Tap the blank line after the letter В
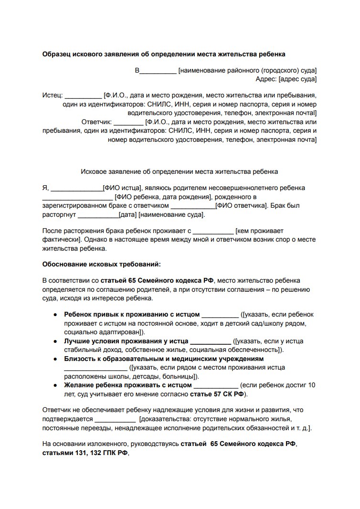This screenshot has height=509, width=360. [x=158, y=72]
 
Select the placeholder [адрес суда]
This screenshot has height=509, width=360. [x=297, y=79]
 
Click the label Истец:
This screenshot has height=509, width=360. [x=52, y=95]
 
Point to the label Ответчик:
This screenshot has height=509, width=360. [x=96, y=122]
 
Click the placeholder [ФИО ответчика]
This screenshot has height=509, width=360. [x=242, y=206]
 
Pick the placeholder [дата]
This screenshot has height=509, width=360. [x=128, y=215]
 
